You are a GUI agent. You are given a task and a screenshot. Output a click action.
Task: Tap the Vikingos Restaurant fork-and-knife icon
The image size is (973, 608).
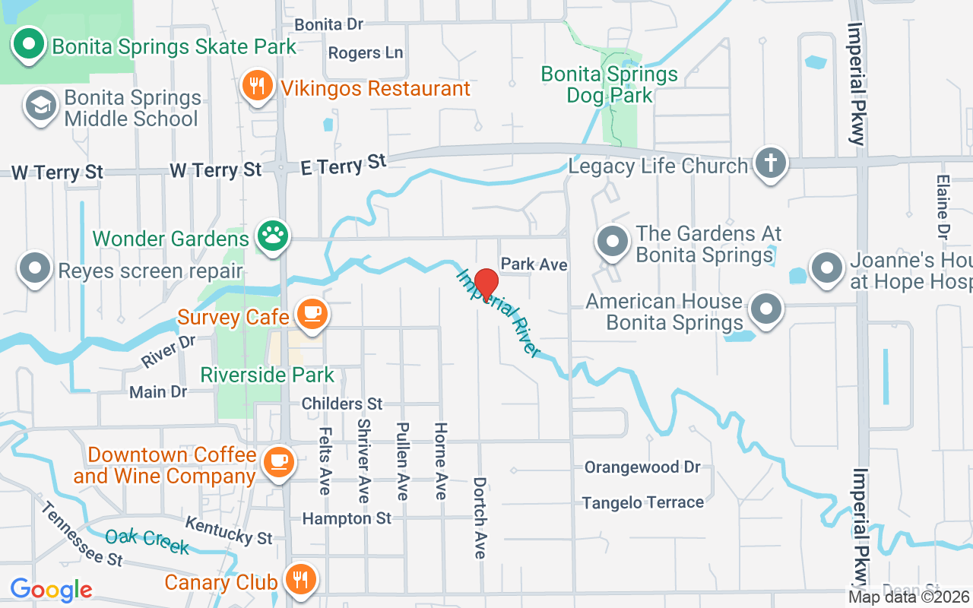pyautogui.click(x=258, y=85)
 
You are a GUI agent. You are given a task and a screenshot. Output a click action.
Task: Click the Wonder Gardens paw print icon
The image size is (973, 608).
pyautogui.click(x=271, y=236)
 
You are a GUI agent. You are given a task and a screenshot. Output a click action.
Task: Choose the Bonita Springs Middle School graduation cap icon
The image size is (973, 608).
pyautogui.click(x=40, y=106)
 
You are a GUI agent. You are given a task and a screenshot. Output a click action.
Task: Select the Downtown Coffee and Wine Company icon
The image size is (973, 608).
pyautogui.click(x=278, y=461)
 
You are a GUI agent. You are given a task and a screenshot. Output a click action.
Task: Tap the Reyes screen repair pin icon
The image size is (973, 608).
pyautogui.click(x=35, y=269)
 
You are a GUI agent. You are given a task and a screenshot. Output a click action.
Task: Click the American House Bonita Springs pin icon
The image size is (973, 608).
pyautogui.click(x=766, y=310)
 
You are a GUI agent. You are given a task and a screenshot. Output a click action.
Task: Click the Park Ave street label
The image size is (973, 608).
pyautogui.click(x=534, y=264)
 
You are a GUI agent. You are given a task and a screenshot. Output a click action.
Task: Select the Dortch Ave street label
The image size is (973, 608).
pyautogui.click(x=480, y=518)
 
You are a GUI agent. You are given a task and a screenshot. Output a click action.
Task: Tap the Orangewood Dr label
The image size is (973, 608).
pyautogui.click(x=642, y=467)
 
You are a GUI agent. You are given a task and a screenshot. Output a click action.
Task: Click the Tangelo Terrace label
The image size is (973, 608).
pyautogui.click(x=643, y=502)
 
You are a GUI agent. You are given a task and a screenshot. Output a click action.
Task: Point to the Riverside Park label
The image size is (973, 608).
pyautogui.click(x=267, y=375)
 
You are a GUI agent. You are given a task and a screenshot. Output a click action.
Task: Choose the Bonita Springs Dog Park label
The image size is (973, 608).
pyautogui.click(x=610, y=84)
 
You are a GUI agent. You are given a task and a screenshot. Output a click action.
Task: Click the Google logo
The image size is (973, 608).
pyautogui.click(x=51, y=589)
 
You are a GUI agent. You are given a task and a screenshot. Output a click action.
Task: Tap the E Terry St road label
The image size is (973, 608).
pyautogui.click(x=344, y=164)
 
